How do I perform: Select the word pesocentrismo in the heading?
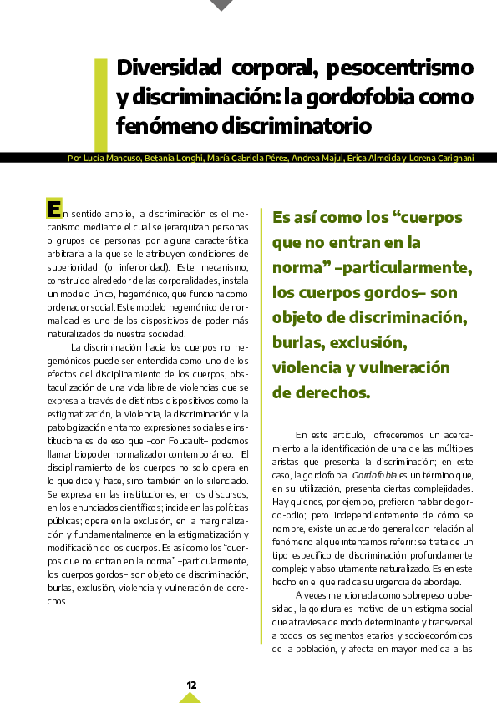click(x=400, y=68)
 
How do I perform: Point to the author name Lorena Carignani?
click(x=442, y=159)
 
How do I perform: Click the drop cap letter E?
click(x=54, y=209)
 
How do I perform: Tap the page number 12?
click(x=191, y=685)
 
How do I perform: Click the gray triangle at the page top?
click(x=221, y=5)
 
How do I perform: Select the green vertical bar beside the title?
click(x=100, y=104)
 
